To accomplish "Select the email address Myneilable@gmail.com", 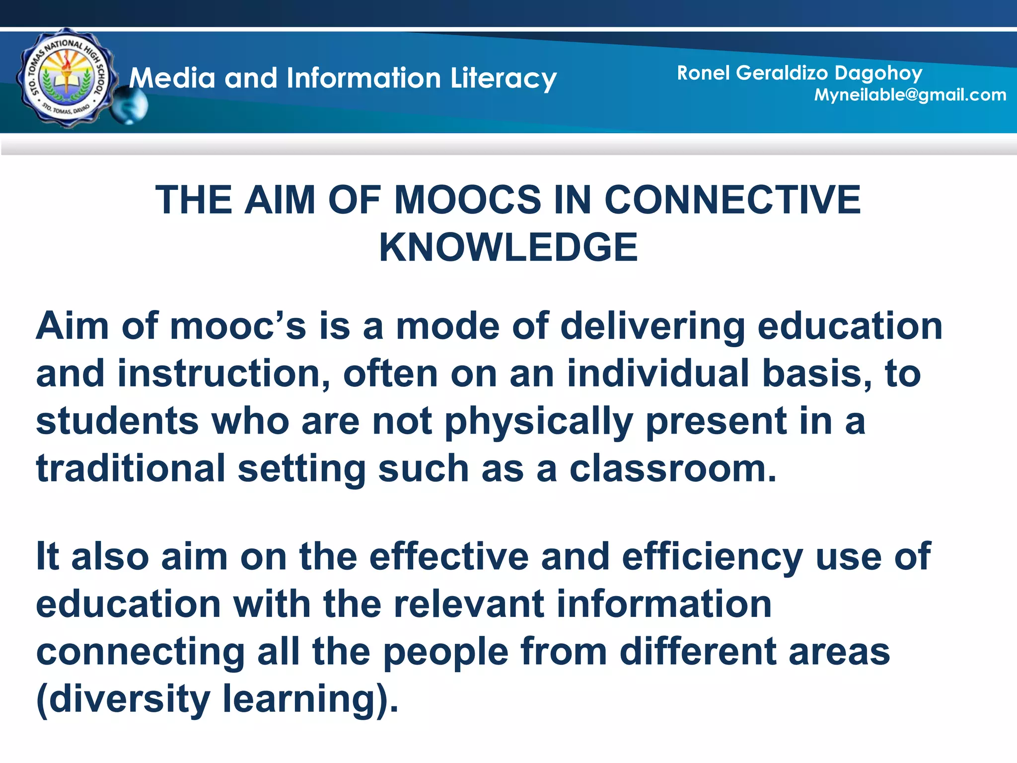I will click(x=910, y=95).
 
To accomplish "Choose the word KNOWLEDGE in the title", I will click(x=508, y=247).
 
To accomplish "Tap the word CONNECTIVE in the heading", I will click(x=732, y=200).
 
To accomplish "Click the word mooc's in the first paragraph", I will click(x=238, y=326).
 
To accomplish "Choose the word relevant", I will click(x=469, y=604).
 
